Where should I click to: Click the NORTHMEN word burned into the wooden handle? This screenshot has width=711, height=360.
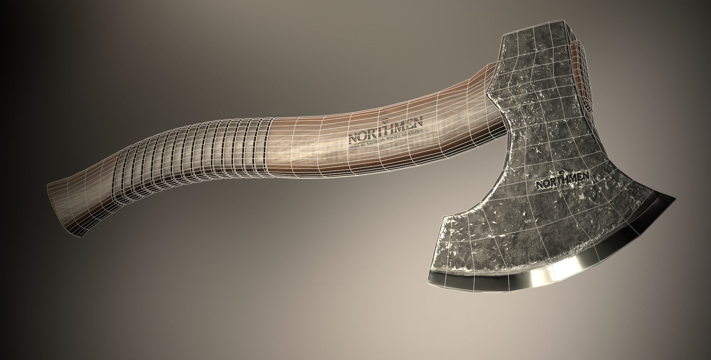(x=385, y=130)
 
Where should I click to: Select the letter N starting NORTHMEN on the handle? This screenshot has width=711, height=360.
(x=352, y=138)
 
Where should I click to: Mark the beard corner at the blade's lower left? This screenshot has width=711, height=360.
(x=443, y=217)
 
